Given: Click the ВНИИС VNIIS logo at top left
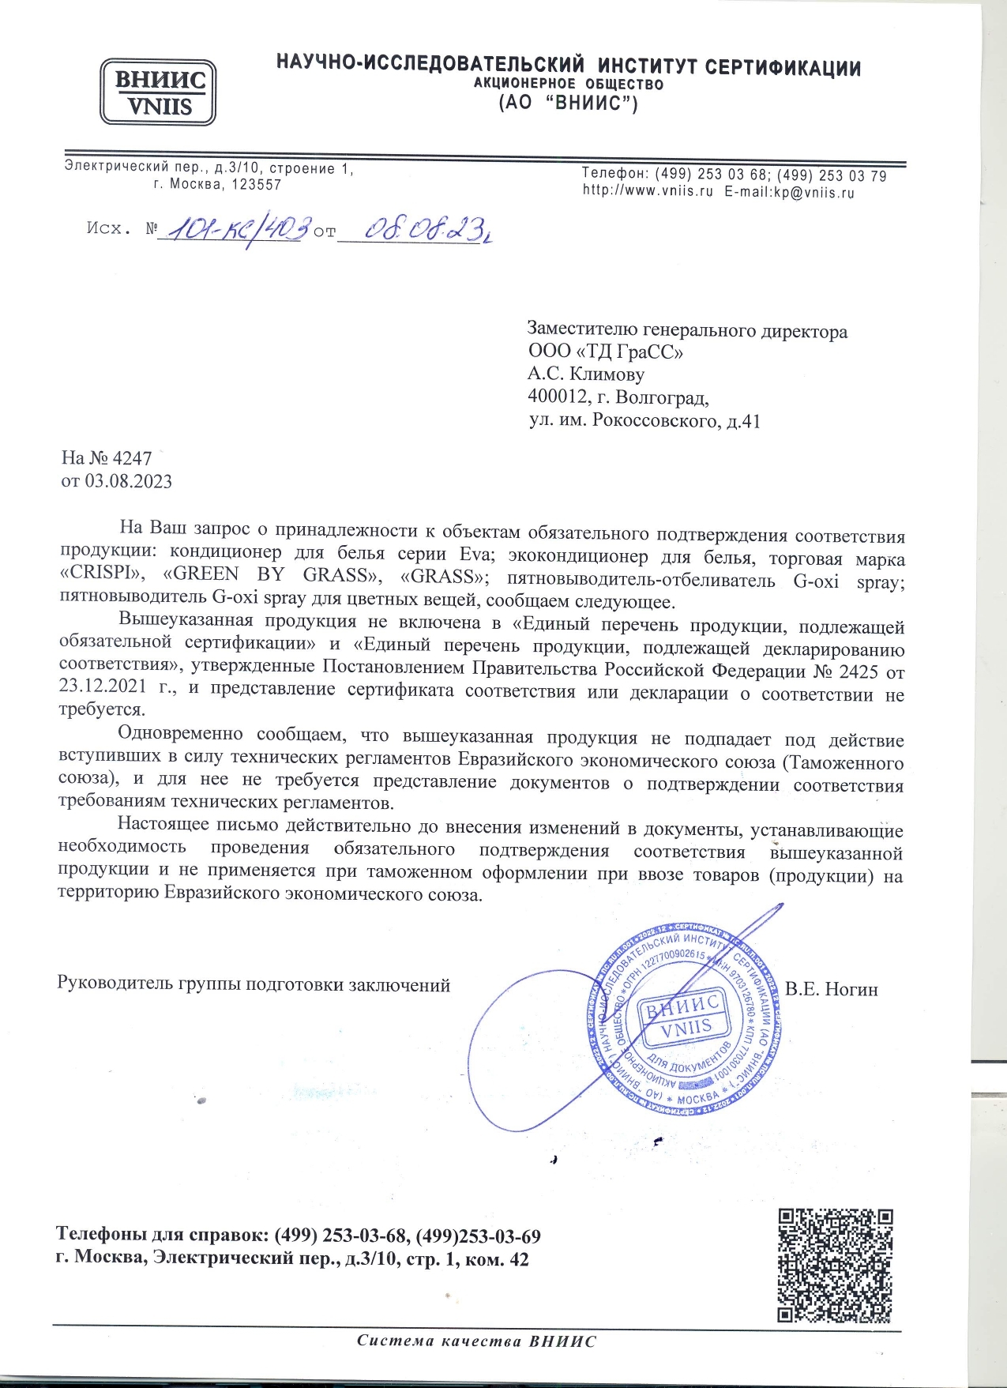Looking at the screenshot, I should coord(158,92).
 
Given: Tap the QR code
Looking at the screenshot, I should coord(835,1266).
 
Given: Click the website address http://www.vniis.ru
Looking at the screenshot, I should coord(648,191).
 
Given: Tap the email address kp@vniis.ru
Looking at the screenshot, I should coord(813,191).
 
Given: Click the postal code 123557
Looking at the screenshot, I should coord(256,185).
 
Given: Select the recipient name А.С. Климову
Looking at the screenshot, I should coord(585,374).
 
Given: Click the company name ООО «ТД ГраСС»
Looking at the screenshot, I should coord(605,352).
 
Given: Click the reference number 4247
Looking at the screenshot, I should coord(132,458).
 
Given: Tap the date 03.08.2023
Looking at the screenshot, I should coord(128,481).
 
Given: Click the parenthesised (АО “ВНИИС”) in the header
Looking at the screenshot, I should coord(568,103).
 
